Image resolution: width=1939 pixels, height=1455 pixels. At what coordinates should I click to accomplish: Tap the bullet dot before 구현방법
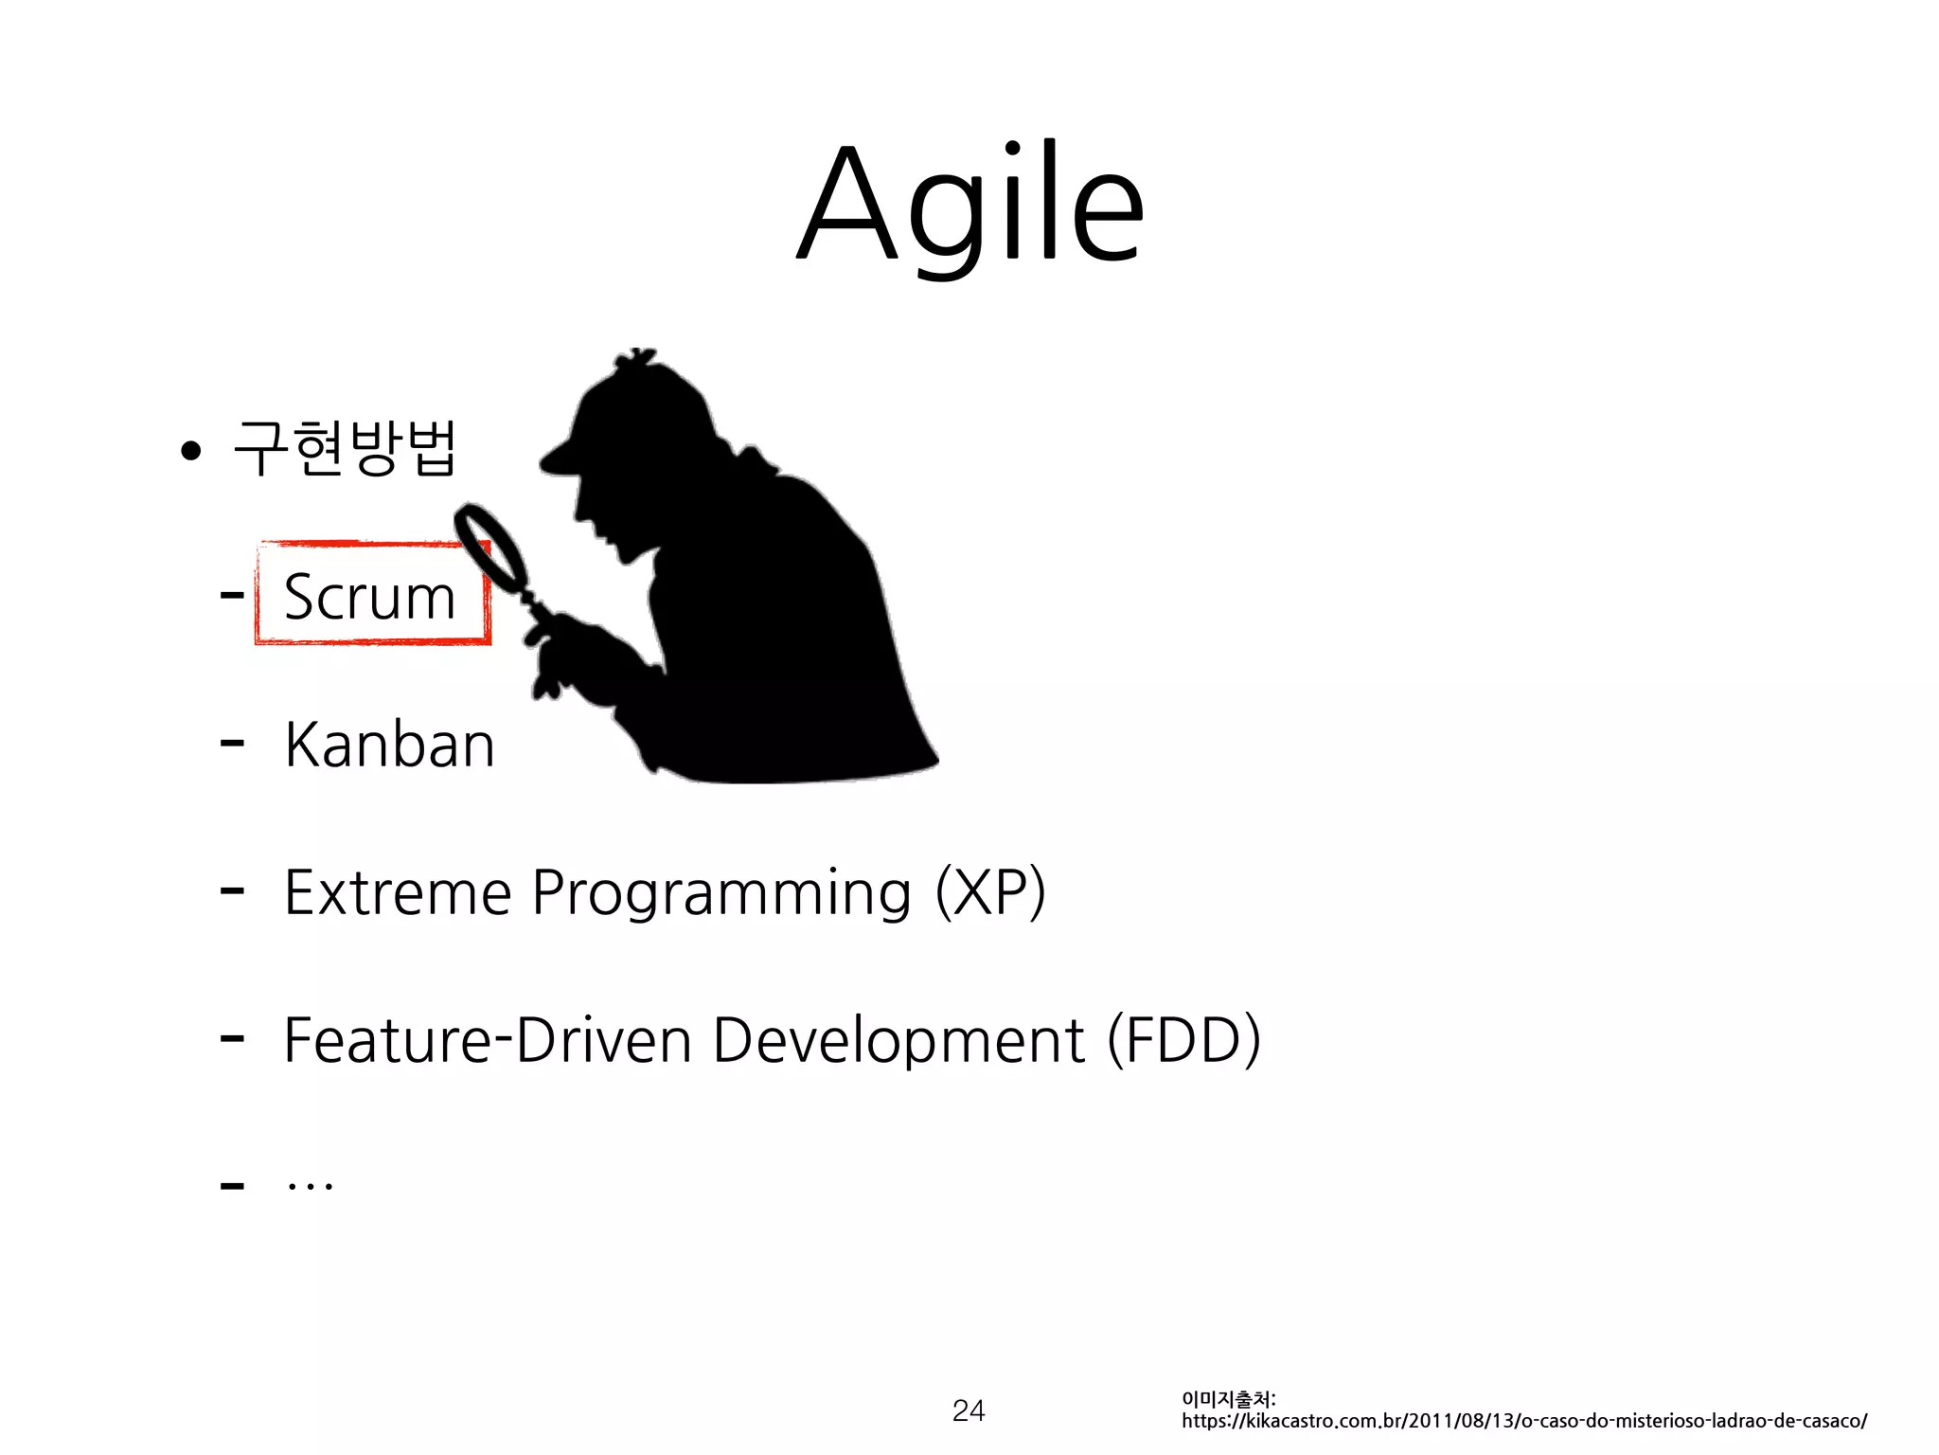pos(191,451)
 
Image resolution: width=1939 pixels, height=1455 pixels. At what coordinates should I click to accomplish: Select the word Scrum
pos(369,597)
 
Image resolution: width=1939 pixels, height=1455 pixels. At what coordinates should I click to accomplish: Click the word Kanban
pos(389,745)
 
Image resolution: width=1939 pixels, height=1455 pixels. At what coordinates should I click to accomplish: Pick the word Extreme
pos(398,892)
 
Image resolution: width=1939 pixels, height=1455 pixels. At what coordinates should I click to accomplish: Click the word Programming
pos(721,894)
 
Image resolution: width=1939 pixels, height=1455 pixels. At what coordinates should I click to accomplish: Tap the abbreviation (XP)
pos(990,892)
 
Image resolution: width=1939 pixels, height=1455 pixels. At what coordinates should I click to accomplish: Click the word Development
pos(898,1040)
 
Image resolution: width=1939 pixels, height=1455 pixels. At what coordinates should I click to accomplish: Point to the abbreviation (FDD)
pos(1183,1040)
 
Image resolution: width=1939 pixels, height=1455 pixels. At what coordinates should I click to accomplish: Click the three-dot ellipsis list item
pos(311,1184)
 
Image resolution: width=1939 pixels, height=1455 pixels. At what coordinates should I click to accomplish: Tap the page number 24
pos(969,1410)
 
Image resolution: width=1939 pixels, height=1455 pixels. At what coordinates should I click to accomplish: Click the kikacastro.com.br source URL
pos(1523,1421)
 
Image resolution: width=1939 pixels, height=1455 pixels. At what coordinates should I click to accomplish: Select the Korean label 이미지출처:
pos(1228,1399)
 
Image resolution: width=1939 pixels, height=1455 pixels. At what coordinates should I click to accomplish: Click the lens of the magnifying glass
pos(490,547)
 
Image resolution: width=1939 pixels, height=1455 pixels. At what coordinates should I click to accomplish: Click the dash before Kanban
pos(232,745)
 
